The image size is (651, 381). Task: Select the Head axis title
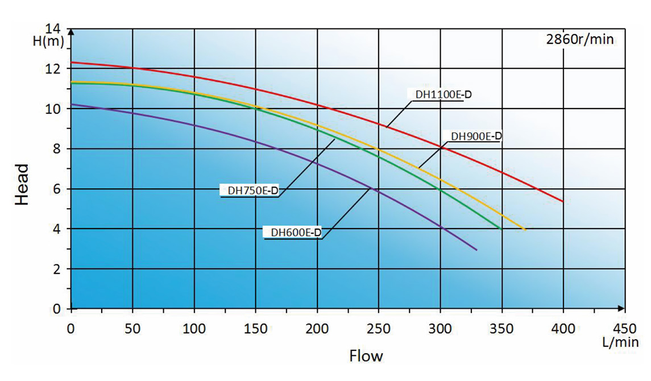coord(21,184)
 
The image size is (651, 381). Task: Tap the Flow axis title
coord(366,357)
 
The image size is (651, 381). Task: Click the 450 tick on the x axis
coord(624,328)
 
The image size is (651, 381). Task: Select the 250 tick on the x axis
coord(379,328)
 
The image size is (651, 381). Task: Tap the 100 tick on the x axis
coord(194,328)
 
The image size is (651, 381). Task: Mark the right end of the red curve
coord(563,201)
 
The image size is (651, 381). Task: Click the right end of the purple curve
coord(476,250)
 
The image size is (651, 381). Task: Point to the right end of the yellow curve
coord(525,230)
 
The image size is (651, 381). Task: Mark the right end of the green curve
coord(500,229)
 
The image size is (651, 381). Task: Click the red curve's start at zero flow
coord(71,62)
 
